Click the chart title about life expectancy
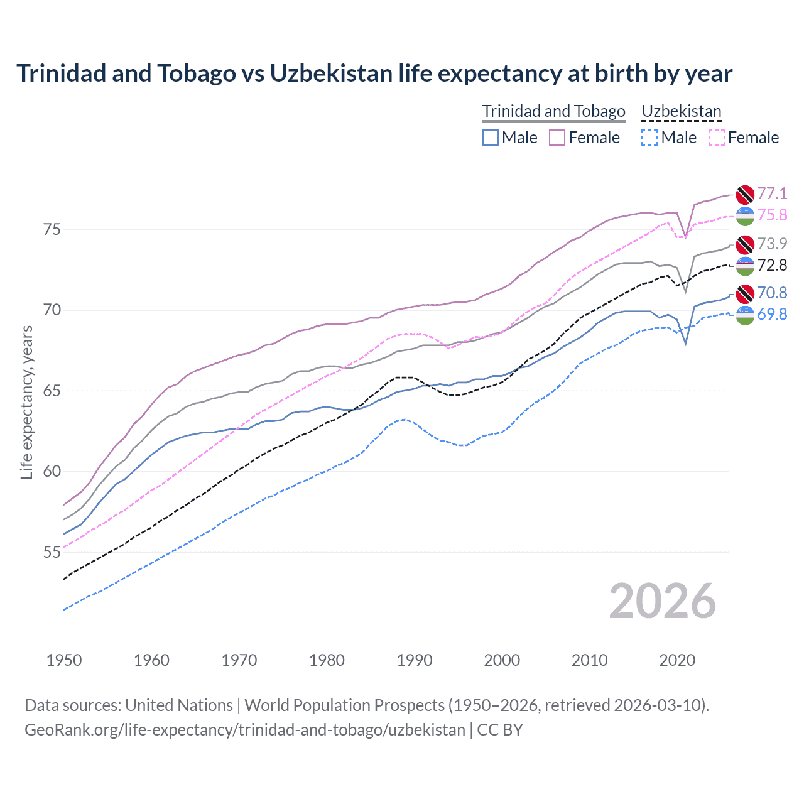click(374, 73)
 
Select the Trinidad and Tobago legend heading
click(553, 111)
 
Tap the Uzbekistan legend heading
click(682, 111)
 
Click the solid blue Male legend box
click(491, 138)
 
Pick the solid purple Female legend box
click(557, 138)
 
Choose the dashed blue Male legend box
click(649, 138)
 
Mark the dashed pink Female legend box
click(717, 138)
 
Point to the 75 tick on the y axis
click(52, 230)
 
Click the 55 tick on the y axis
click(52, 552)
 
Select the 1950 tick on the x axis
click(64, 660)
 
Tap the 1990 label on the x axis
click(415, 660)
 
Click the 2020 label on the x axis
click(677, 660)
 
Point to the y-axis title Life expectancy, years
click(27, 402)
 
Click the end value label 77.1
click(772, 193)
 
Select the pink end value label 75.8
click(772, 215)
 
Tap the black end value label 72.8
click(772, 265)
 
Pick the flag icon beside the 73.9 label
click(745, 244)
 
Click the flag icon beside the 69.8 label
click(745, 315)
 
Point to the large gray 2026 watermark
click(662, 601)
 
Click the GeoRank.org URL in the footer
click(245, 730)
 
